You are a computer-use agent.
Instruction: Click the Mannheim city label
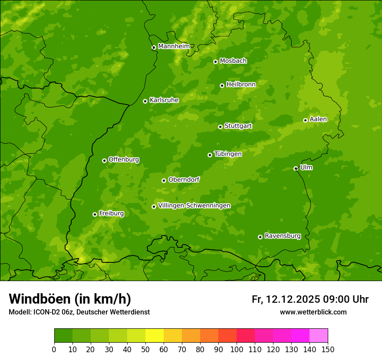point(174,46)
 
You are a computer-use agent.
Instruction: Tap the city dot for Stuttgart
point(220,127)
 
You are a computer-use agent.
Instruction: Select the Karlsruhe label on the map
point(164,100)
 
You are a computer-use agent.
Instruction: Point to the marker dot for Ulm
point(296,168)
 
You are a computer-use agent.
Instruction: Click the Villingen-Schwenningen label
point(194,206)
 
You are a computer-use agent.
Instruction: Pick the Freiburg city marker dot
point(95,214)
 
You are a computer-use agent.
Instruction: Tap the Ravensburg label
point(282,236)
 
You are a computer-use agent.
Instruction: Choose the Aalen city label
point(318,119)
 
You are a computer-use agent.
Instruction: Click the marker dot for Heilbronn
point(222,85)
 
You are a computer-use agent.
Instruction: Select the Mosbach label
point(233,61)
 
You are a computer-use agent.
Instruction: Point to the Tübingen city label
point(227,154)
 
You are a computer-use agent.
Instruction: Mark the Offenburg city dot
point(104,160)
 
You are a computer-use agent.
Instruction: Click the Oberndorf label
point(184,180)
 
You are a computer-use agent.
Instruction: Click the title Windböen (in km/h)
point(69,299)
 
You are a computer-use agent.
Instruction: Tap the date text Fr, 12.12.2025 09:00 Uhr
point(310,299)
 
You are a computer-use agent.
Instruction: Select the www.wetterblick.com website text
point(313,312)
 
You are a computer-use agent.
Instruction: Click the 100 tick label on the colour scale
point(236,349)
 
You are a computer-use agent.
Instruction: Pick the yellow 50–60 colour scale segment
point(155,336)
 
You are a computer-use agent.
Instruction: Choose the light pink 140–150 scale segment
point(319,336)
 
